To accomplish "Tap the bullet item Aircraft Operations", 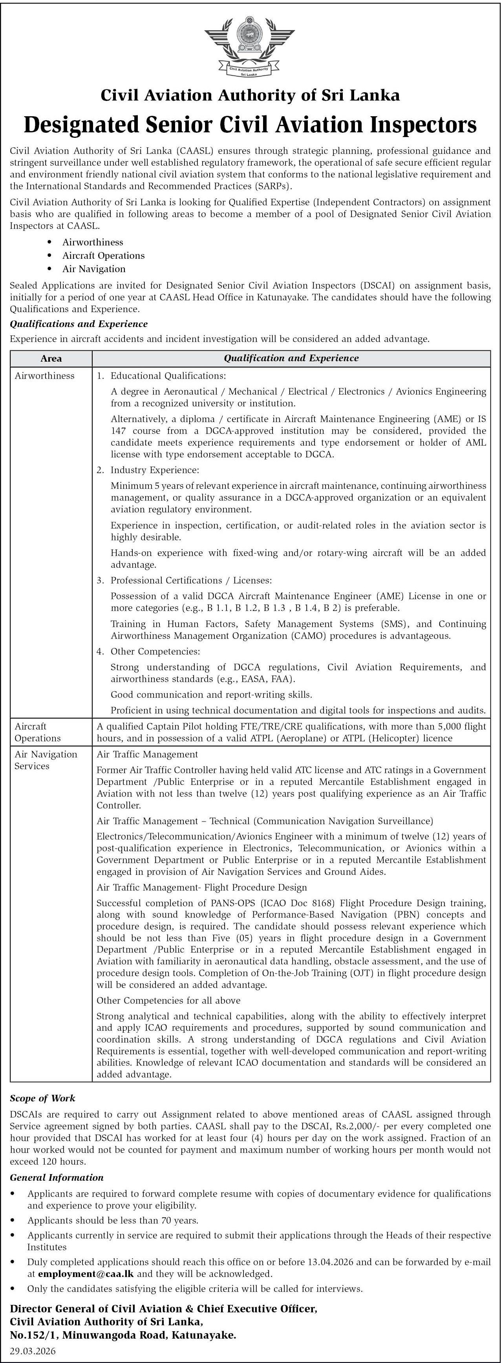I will click(x=103, y=256).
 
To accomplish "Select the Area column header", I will click(x=51, y=358).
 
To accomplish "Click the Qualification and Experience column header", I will click(x=291, y=358).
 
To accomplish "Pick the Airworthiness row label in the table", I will click(x=44, y=376).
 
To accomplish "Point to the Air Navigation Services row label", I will click(x=46, y=760).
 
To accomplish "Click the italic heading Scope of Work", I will click(x=42, y=1098).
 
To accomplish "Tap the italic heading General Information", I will click(x=57, y=1178).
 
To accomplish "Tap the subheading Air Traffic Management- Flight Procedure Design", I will click(x=201, y=887).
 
